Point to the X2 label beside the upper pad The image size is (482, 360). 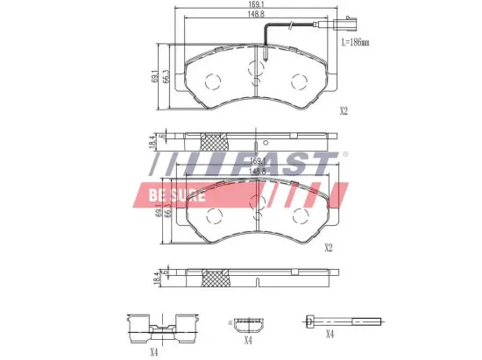point(344,111)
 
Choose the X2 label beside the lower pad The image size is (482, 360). point(329,248)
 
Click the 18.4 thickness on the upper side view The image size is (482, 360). point(153,139)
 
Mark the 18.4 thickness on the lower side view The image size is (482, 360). point(153,278)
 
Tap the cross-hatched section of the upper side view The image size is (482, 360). point(214,140)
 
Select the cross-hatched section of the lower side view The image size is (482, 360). point(214,279)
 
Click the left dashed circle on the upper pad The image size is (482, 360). point(211,81)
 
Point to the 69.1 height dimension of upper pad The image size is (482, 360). point(156,76)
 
